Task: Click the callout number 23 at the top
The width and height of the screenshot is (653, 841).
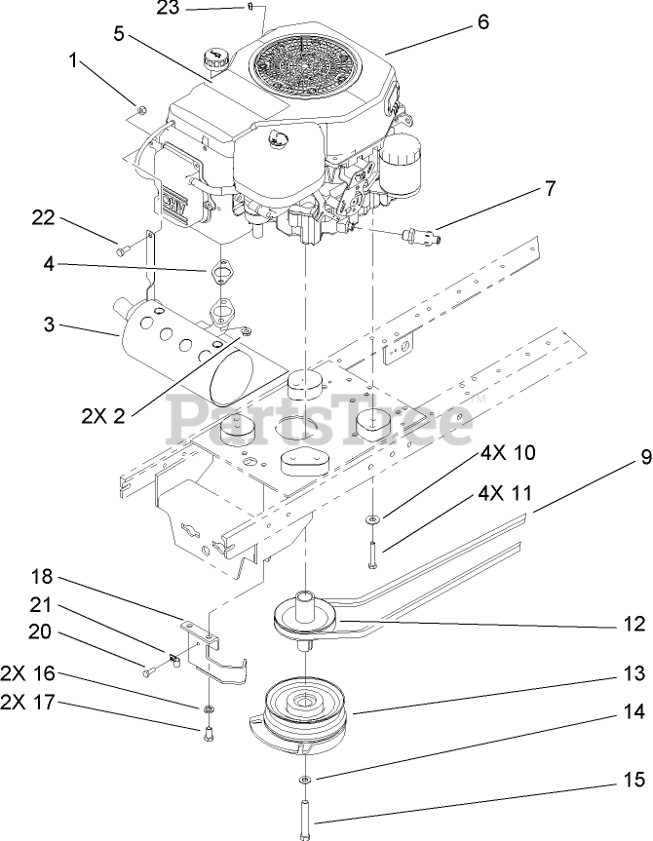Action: coord(168,8)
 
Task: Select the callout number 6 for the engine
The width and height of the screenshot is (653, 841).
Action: coord(483,21)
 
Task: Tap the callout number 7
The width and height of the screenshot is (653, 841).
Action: coord(551,188)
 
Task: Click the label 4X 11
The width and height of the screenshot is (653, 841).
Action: coord(506,493)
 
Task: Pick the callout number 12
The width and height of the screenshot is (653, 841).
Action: coord(634,623)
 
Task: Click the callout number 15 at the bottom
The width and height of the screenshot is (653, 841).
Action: coord(634,754)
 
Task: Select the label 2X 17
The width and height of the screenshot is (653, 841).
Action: coord(27,701)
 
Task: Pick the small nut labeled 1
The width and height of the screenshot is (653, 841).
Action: coord(141,109)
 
